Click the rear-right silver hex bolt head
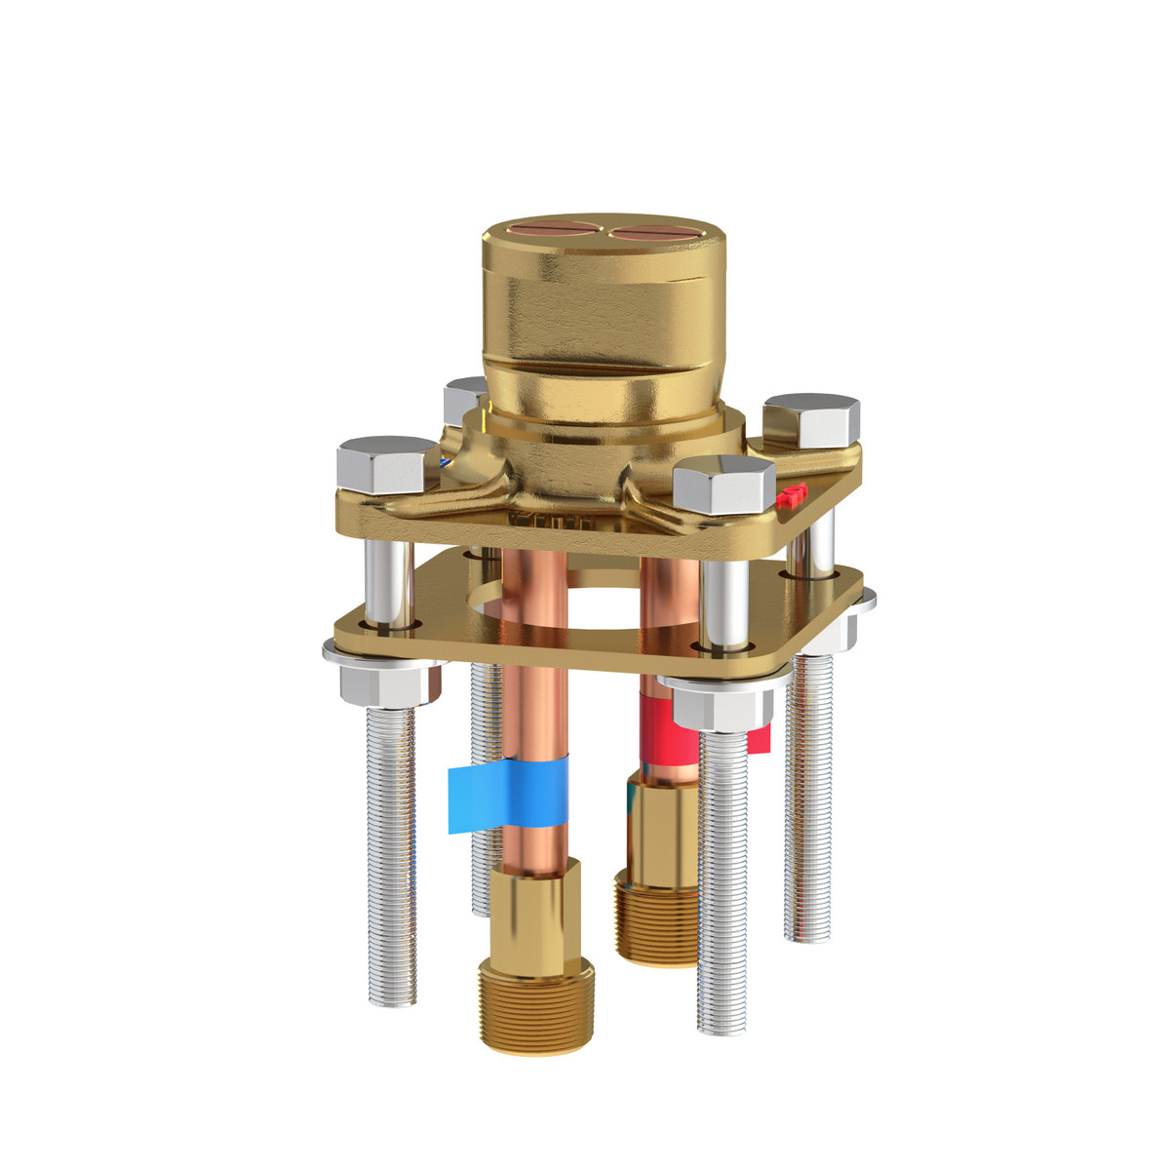pos(811,419)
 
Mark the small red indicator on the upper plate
pos(793,494)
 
